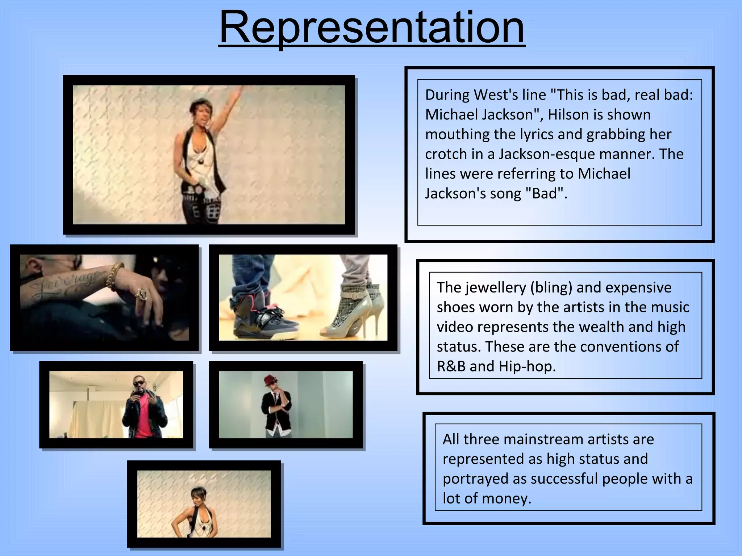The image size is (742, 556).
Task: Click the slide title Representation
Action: (372, 28)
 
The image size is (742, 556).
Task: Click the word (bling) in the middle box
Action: (551, 287)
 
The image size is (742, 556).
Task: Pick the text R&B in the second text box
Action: (451, 366)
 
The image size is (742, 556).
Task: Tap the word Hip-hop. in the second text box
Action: (527, 366)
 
